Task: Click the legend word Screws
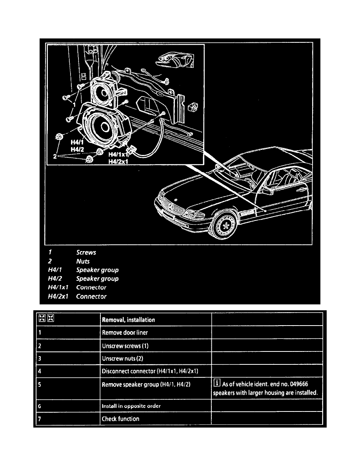86,253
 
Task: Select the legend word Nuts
83,261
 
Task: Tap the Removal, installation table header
128,320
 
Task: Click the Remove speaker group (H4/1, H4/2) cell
146,384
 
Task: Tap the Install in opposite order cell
131,406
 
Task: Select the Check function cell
120,419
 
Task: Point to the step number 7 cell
40,419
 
